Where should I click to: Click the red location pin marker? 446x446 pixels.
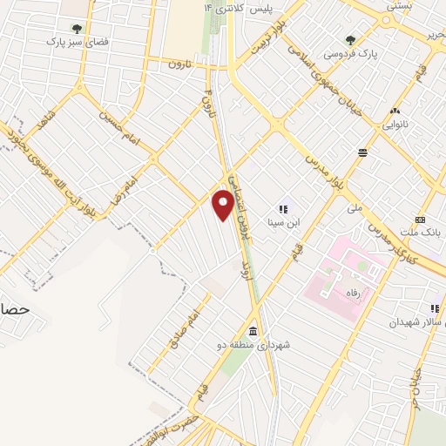click(224, 206)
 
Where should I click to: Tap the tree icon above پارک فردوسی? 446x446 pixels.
click(350, 39)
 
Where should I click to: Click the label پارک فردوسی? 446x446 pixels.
click(351, 53)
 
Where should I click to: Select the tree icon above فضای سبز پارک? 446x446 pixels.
click(77, 28)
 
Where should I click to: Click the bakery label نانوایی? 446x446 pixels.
click(395, 124)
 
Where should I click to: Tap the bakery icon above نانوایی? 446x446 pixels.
click(395, 111)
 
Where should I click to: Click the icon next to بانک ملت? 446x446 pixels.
click(421, 219)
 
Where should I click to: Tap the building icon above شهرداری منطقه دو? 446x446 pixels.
click(253, 332)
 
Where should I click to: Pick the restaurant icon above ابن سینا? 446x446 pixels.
click(282, 209)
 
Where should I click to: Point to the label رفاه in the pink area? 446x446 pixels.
click(354, 294)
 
